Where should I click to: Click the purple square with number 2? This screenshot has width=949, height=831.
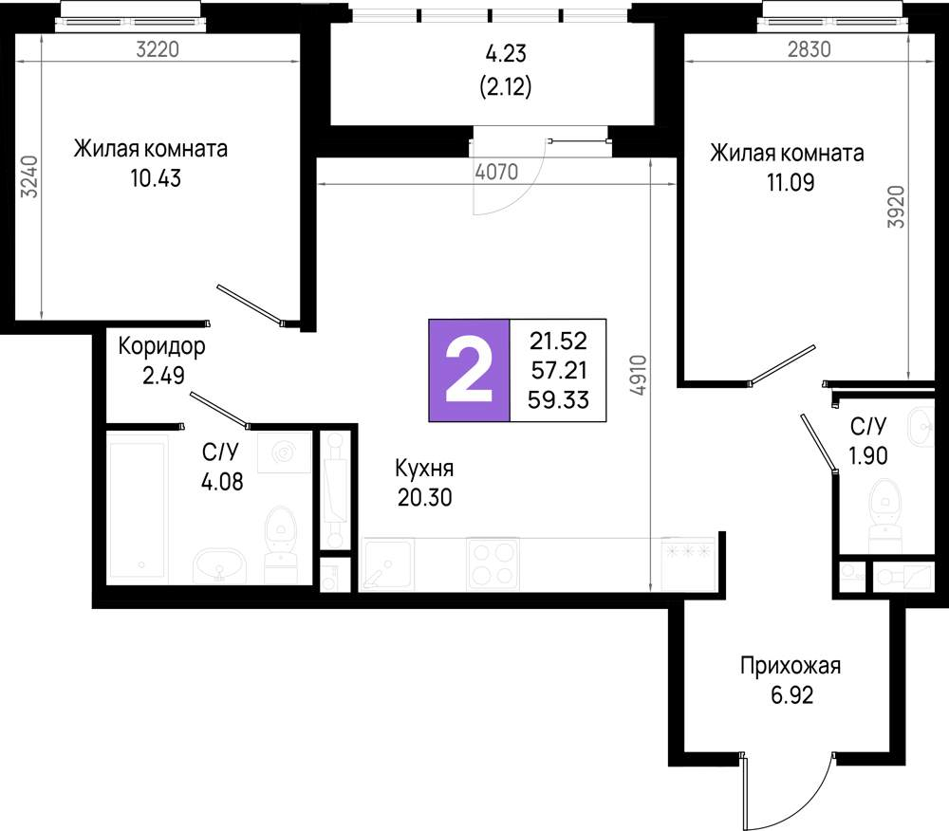[x=470, y=369]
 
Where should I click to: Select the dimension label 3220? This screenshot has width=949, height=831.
[x=158, y=50]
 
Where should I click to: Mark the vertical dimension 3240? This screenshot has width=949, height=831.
[x=30, y=175]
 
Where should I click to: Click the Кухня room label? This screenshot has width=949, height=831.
[x=425, y=469]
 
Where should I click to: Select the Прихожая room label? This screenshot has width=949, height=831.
[x=791, y=666]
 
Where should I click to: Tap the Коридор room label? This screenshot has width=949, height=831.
[x=161, y=346]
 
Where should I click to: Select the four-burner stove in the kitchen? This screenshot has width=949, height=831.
[x=493, y=563]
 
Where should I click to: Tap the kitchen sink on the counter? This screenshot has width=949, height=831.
[x=387, y=564]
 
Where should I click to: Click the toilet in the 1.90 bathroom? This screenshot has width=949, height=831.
[x=886, y=508]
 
